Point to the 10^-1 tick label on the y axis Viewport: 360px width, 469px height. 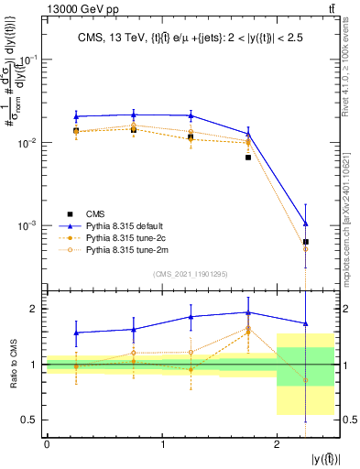[x=31, y=59]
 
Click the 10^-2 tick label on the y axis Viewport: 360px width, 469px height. [x=31, y=142]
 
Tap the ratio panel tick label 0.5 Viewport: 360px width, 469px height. [x=32, y=420]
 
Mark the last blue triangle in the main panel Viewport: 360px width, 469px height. [x=306, y=224]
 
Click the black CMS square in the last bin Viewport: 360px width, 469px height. [x=306, y=242]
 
